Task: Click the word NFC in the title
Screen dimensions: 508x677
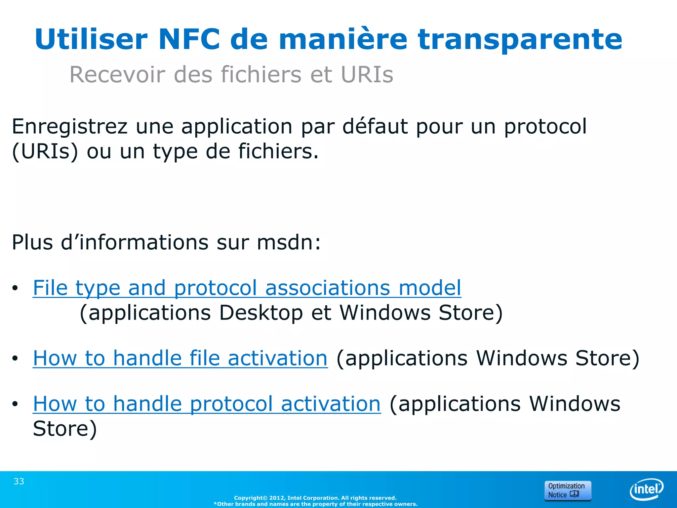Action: [x=189, y=40]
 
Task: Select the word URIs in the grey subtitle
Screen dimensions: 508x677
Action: [x=367, y=75]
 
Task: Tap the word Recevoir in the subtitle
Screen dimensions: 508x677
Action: [x=117, y=75]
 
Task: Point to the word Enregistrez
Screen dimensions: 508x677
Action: [x=70, y=127]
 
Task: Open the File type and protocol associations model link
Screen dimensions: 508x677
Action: [x=247, y=288]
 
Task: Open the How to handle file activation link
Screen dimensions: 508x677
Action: [x=180, y=358]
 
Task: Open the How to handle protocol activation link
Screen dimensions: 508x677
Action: [x=207, y=404]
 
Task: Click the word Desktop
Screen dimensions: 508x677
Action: [x=261, y=313]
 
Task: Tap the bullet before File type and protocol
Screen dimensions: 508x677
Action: [x=15, y=288]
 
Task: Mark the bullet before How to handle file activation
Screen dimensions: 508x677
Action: [x=15, y=359]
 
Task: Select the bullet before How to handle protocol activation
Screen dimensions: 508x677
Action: [x=15, y=404]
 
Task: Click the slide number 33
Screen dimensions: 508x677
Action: [x=19, y=482]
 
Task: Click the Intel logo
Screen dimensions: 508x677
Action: [x=646, y=489]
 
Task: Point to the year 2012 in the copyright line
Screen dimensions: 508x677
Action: [x=277, y=498]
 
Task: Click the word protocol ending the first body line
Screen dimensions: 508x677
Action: [x=545, y=127]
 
